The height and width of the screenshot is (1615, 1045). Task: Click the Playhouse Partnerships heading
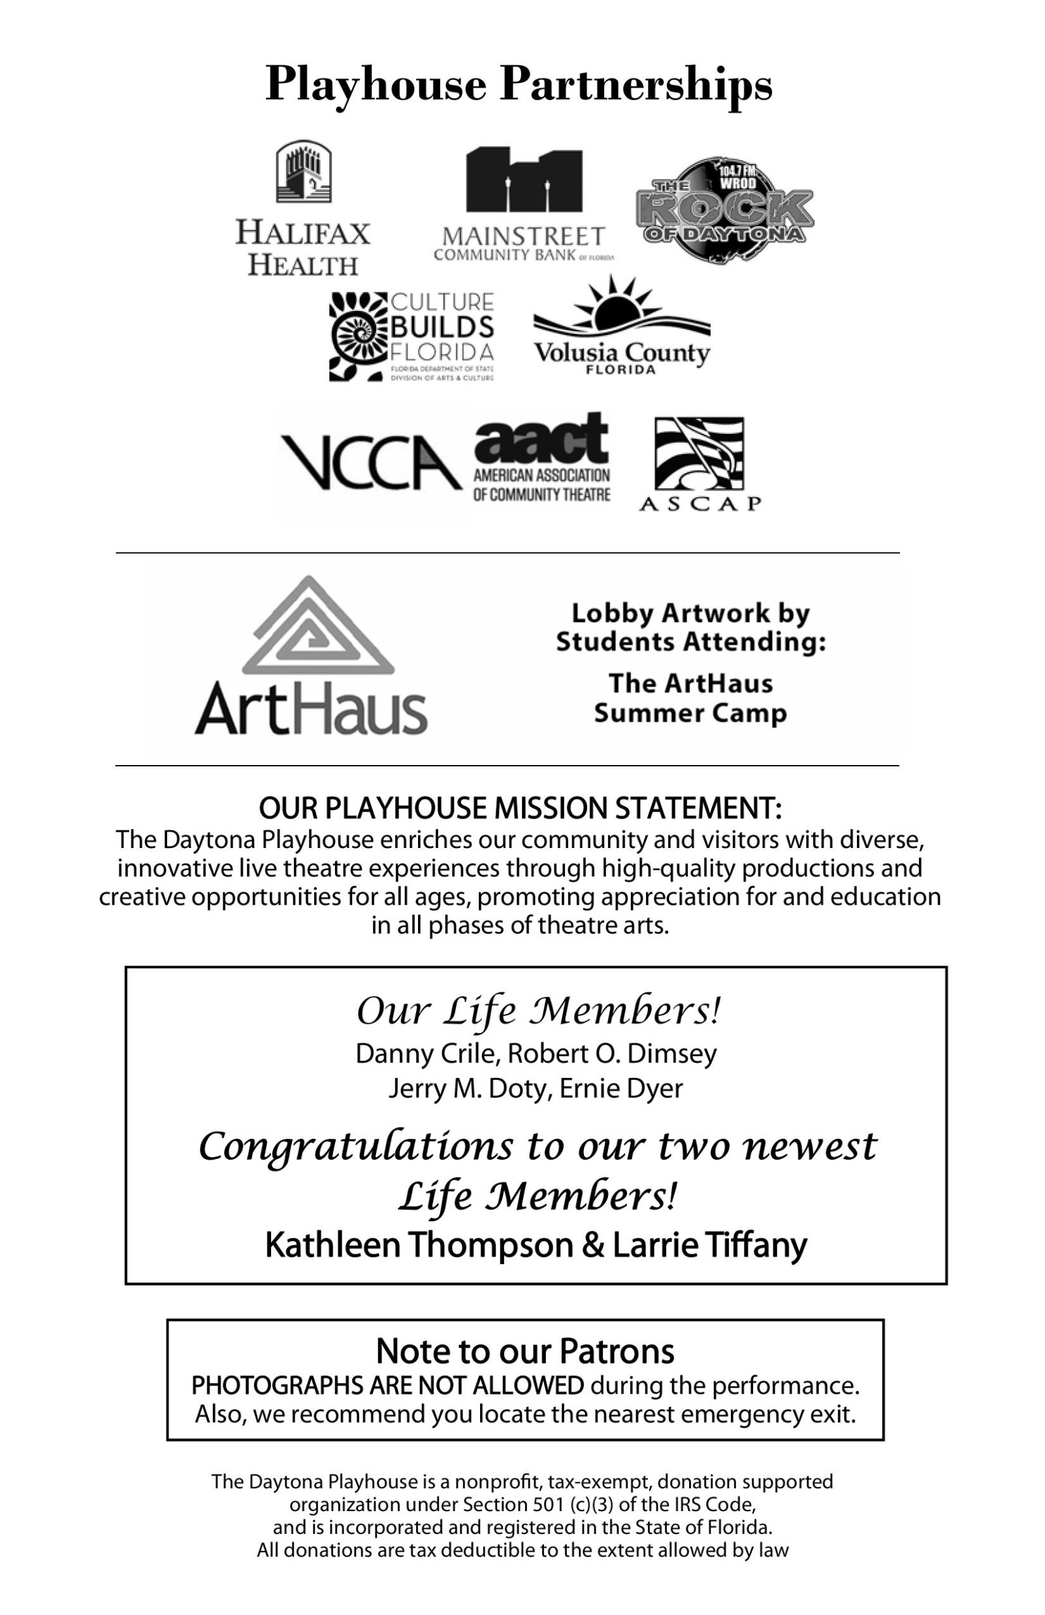click(519, 84)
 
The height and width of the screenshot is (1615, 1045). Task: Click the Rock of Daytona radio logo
click(725, 210)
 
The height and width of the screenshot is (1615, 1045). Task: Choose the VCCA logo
click(370, 463)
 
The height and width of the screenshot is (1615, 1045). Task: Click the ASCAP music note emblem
click(698, 453)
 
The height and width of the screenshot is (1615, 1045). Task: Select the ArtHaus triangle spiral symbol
click(317, 628)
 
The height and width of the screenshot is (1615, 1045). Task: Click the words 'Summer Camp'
click(690, 713)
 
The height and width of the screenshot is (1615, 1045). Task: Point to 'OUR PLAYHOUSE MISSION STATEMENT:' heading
click(521, 808)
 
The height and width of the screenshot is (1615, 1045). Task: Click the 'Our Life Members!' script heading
click(538, 1012)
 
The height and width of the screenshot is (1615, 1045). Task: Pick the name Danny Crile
click(427, 1054)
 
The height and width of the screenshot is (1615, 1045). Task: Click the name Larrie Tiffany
click(710, 1245)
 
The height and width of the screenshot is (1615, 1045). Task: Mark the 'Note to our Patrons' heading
click(524, 1350)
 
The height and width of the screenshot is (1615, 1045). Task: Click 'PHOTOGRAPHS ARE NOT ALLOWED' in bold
click(387, 1385)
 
